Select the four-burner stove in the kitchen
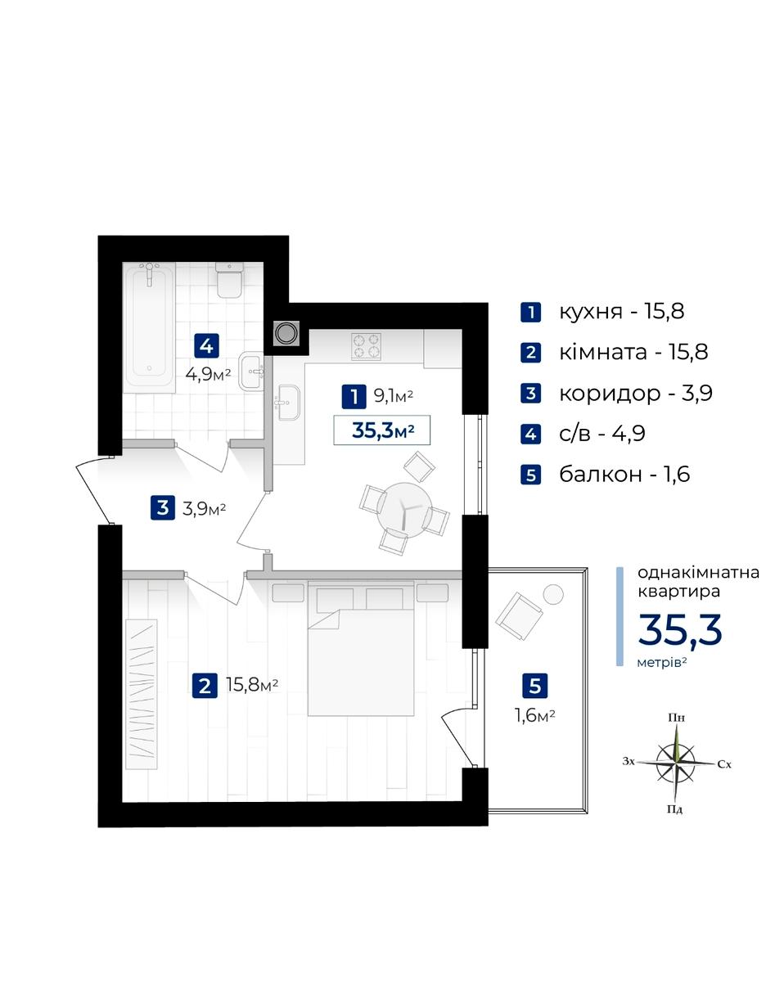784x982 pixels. tap(366, 345)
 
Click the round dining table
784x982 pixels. tap(404, 509)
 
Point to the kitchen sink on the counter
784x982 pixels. tap(287, 402)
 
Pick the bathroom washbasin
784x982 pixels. tap(251, 371)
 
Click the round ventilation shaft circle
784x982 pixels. tap(286, 333)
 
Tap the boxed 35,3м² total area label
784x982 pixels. tap(382, 430)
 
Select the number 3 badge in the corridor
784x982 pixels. tap(163, 508)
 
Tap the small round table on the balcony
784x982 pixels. tap(553, 595)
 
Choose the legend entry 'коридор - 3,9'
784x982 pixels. tap(635, 394)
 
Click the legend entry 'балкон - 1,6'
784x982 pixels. tap(624, 475)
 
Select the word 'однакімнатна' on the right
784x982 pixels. tap(698, 572)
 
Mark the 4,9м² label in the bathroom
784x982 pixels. tap(208, 374)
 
